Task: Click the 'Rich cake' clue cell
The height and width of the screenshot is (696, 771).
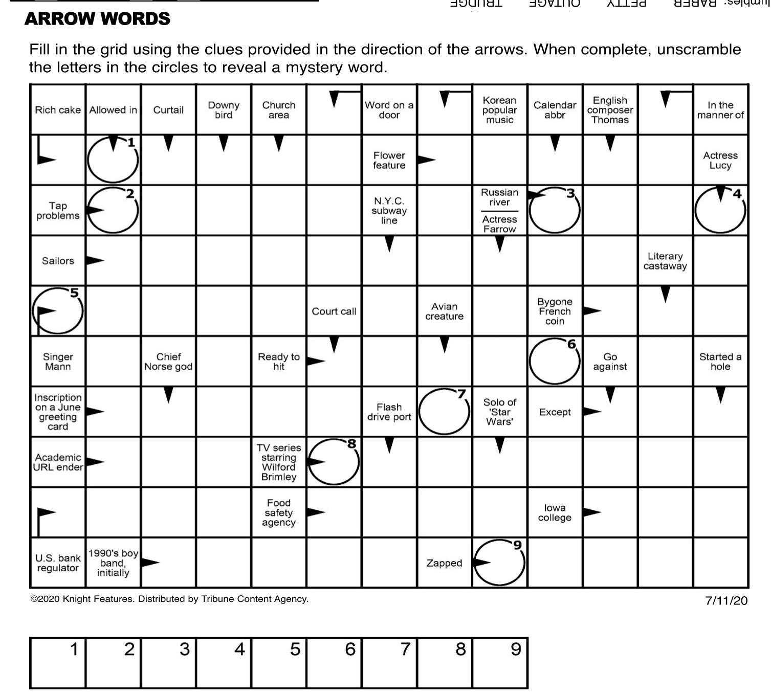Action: coord(58,110)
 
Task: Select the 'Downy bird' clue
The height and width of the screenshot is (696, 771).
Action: coord(224,110)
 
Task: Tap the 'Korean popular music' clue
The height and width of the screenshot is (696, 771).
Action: coord(499,110)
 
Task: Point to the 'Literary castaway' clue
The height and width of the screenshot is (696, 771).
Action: coord(665,261)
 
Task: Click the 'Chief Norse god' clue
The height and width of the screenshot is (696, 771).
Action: coord(168,362)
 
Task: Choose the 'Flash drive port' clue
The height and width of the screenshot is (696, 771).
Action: coord(389,412)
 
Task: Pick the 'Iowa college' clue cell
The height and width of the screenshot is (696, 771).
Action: coord(555,512)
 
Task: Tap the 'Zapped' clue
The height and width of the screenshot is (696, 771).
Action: coord(444,563)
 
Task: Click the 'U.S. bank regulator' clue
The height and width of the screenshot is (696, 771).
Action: coord(58,563)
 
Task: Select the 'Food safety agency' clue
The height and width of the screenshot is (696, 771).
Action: coord(279,512)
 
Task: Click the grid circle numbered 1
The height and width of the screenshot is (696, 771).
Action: coord(113,160)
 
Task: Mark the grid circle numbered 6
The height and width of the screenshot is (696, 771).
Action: coord(555,362)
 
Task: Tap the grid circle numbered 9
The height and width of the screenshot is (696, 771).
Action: coord(499,563)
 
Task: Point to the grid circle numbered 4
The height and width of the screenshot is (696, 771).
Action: coord(720,210)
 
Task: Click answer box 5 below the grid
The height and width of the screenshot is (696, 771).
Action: coord(279,663)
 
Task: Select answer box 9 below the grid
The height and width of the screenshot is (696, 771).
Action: coord(500,663)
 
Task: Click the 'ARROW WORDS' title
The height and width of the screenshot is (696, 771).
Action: coord(97,19)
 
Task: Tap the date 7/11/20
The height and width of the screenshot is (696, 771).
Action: coord(726,600)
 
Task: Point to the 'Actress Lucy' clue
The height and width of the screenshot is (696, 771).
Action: coord(720,160)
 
